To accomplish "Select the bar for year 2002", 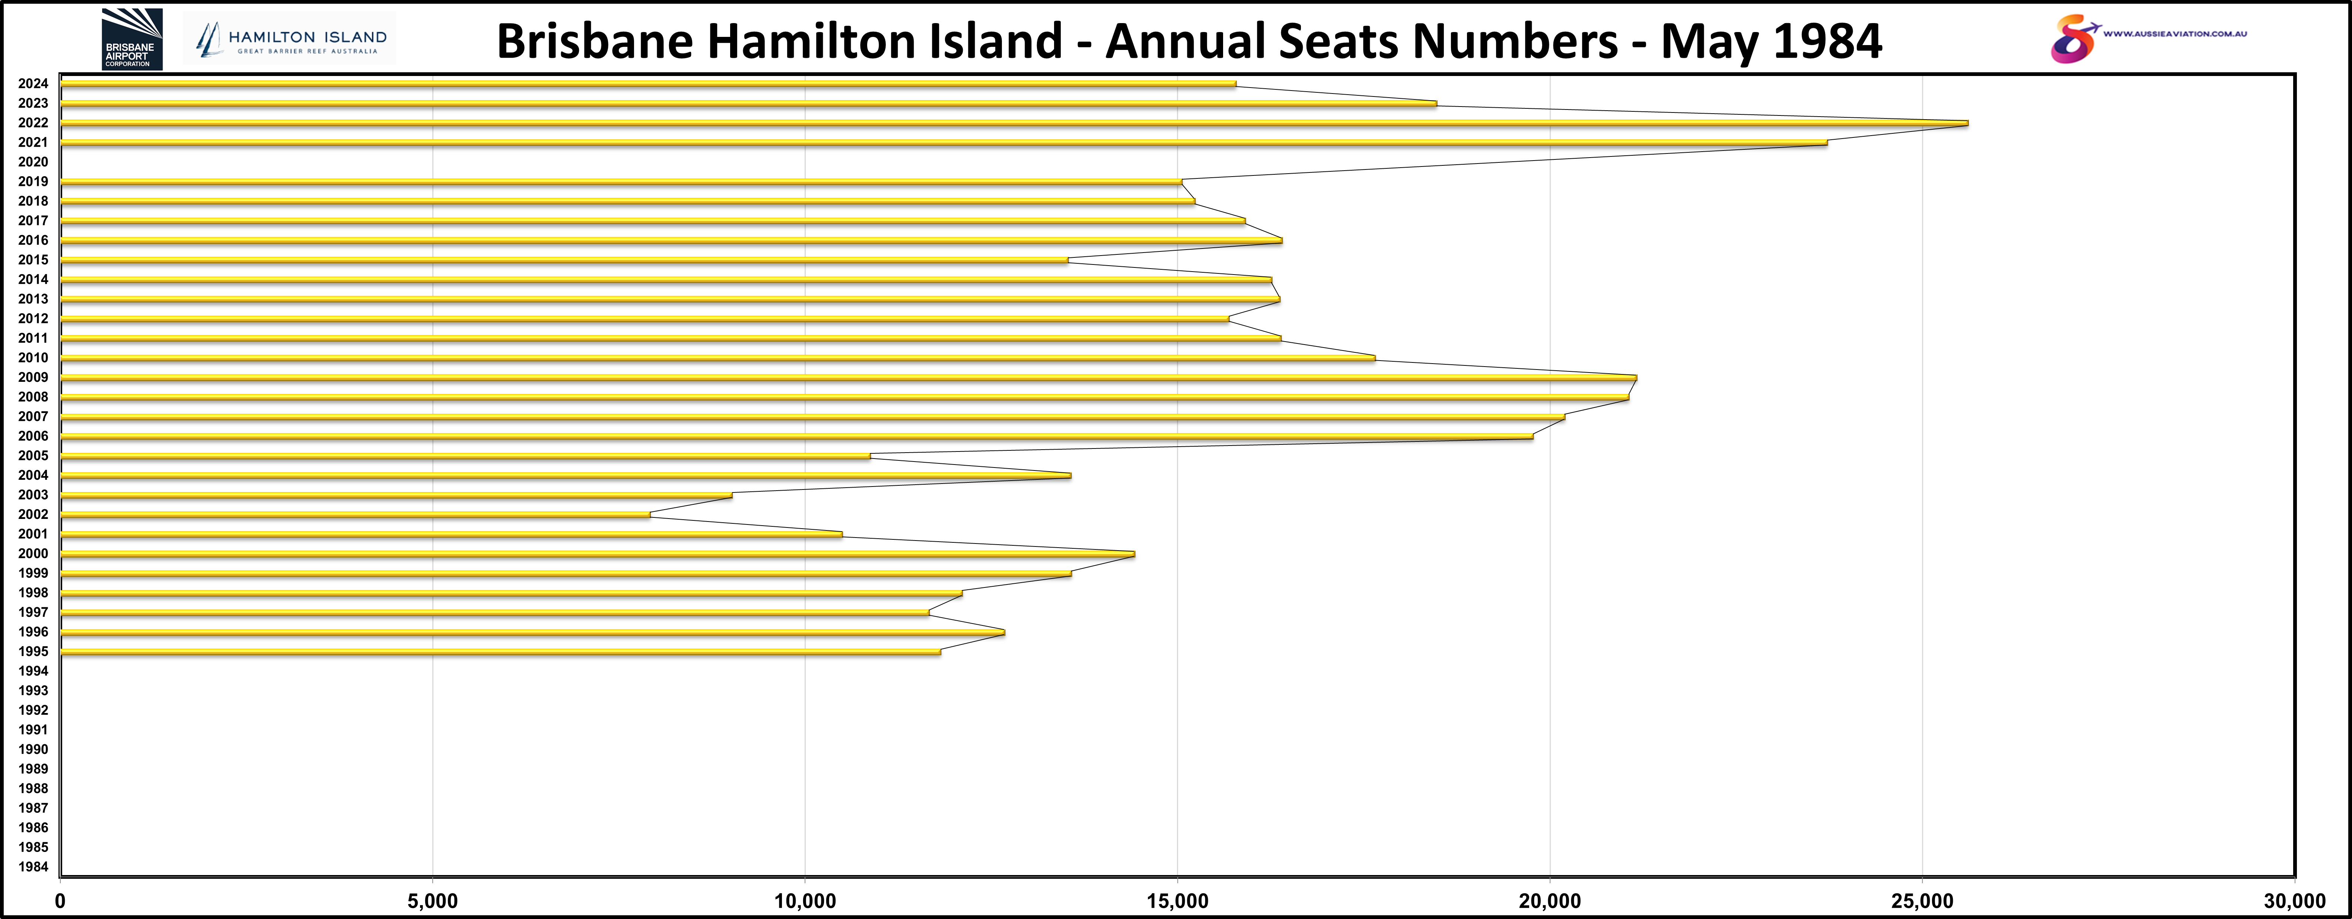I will click(x=356, y=514).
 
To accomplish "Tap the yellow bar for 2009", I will click(x=849, y=377).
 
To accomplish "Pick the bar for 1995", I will click(x=500, y=651).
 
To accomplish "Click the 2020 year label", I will click(x=33, y=162).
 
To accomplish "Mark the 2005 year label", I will click(x=33, y=456).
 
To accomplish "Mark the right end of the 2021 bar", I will click(x=1826, y=143).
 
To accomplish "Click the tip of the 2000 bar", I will click(x=1133, y=554).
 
